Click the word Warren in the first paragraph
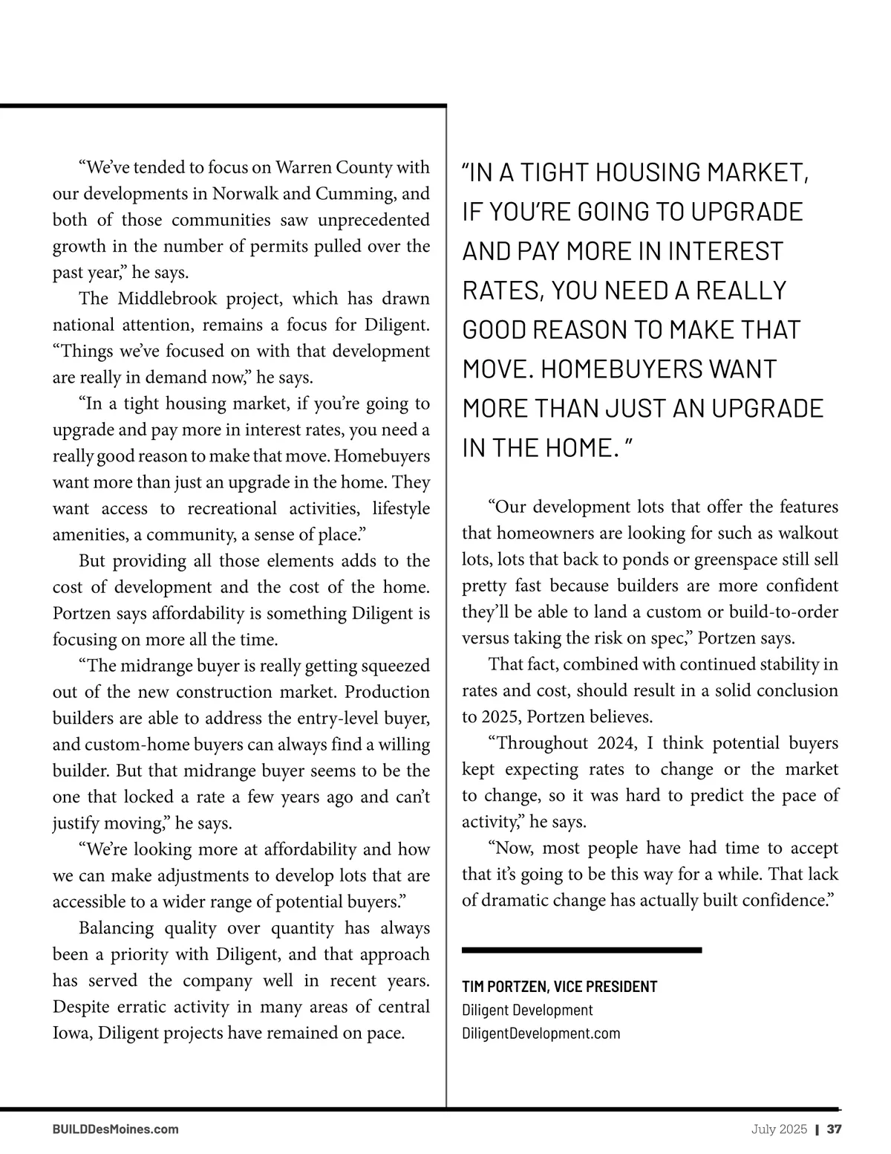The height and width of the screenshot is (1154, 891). pyautogui.click(x=304, y=167)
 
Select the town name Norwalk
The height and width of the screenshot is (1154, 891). pyautogui.click(x=244, y=194)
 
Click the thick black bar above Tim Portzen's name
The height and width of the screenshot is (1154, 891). pyautogui.click(x=581, y=950)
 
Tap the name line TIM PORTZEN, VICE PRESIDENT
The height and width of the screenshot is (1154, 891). pyautogui.click(x=559, y=987)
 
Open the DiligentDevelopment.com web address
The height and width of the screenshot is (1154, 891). pyautogui.click(x=541, y=1033)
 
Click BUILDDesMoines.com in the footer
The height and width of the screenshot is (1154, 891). pyautogui.click(x=115, y=1129)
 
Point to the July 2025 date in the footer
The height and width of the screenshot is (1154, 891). pyautogui.click(x=779, y=1129)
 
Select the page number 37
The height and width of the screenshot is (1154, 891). pyautogui.click(x=835, y=1129)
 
